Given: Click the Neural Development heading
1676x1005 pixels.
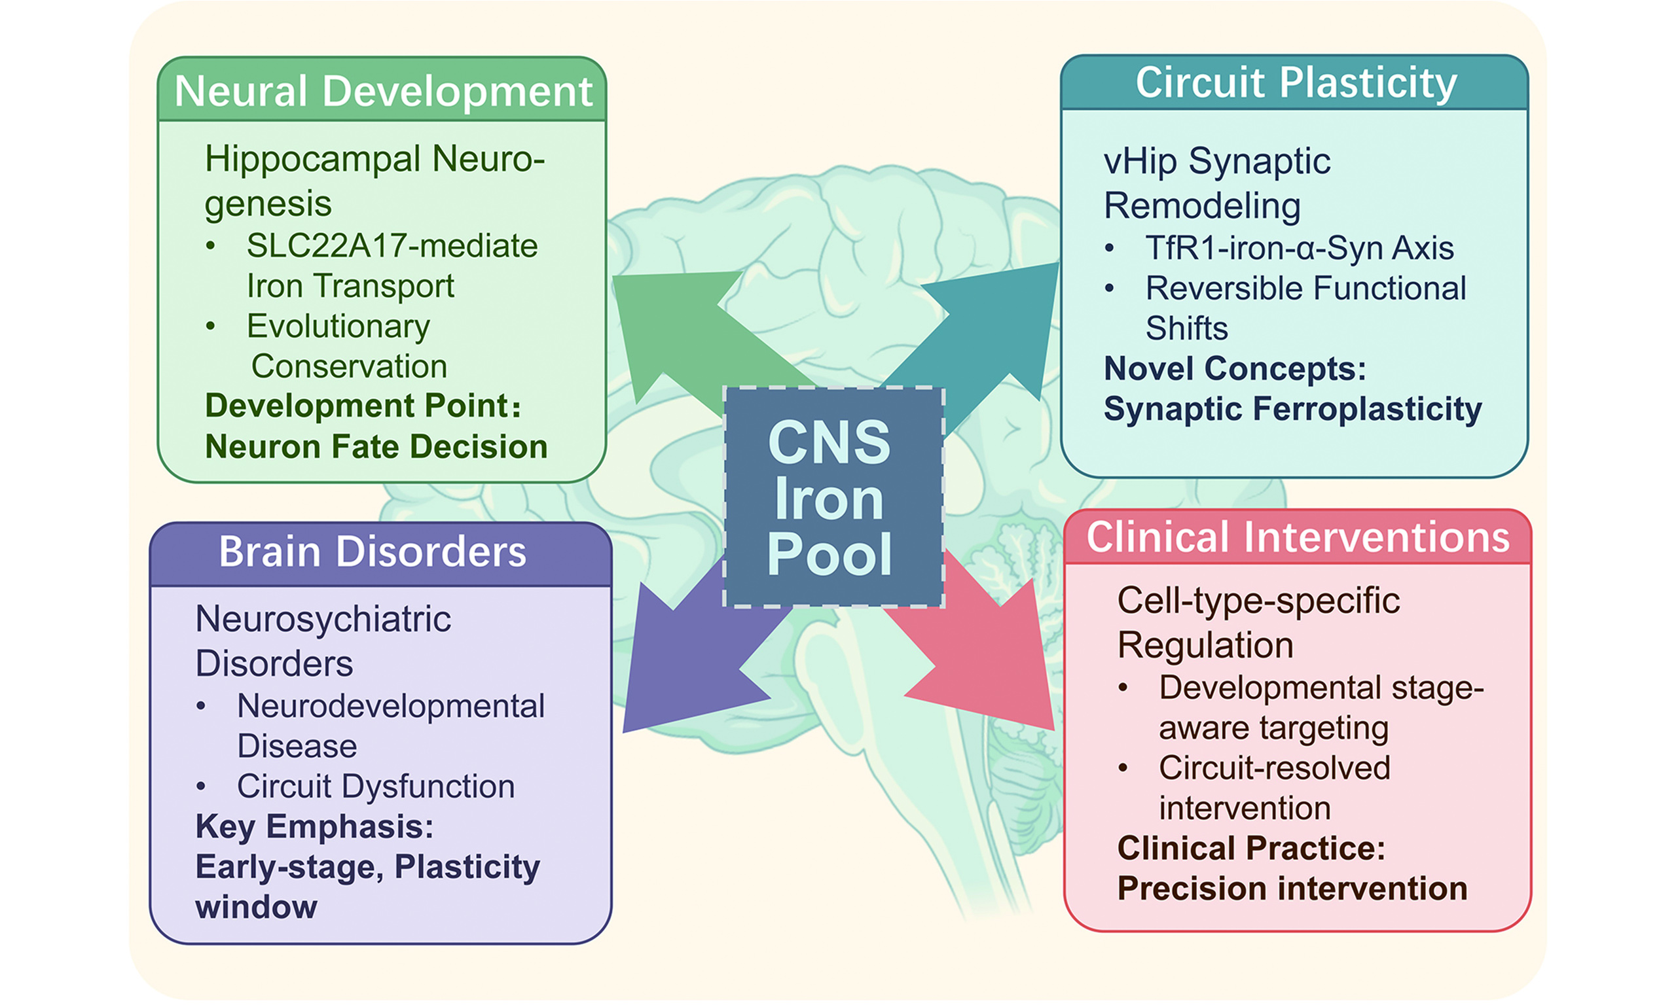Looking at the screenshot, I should [x=383, y=91].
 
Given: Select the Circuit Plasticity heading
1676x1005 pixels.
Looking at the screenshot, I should [x=1295, y=83].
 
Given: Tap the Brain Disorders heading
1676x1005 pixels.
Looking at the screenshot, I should [x=372, y=552].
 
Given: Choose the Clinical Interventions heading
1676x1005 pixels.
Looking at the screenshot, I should [x=1298, y=537].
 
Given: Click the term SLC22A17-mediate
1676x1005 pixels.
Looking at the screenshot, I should [x=392, y=246].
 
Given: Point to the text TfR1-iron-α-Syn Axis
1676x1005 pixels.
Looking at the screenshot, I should [x=1299, y=248].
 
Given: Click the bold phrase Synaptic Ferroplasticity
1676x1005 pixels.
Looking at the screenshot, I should [x=1292, y=409].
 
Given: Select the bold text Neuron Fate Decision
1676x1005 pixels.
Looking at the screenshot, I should [x=376, y=447].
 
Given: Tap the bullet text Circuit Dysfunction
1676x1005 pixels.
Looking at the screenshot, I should [x=375, y=786].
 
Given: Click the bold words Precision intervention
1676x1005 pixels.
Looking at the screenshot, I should [x=1292, y=889].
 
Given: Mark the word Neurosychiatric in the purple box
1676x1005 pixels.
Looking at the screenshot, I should [x=323, y=619].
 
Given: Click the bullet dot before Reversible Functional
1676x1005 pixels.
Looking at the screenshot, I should [x=1109, y=289].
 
